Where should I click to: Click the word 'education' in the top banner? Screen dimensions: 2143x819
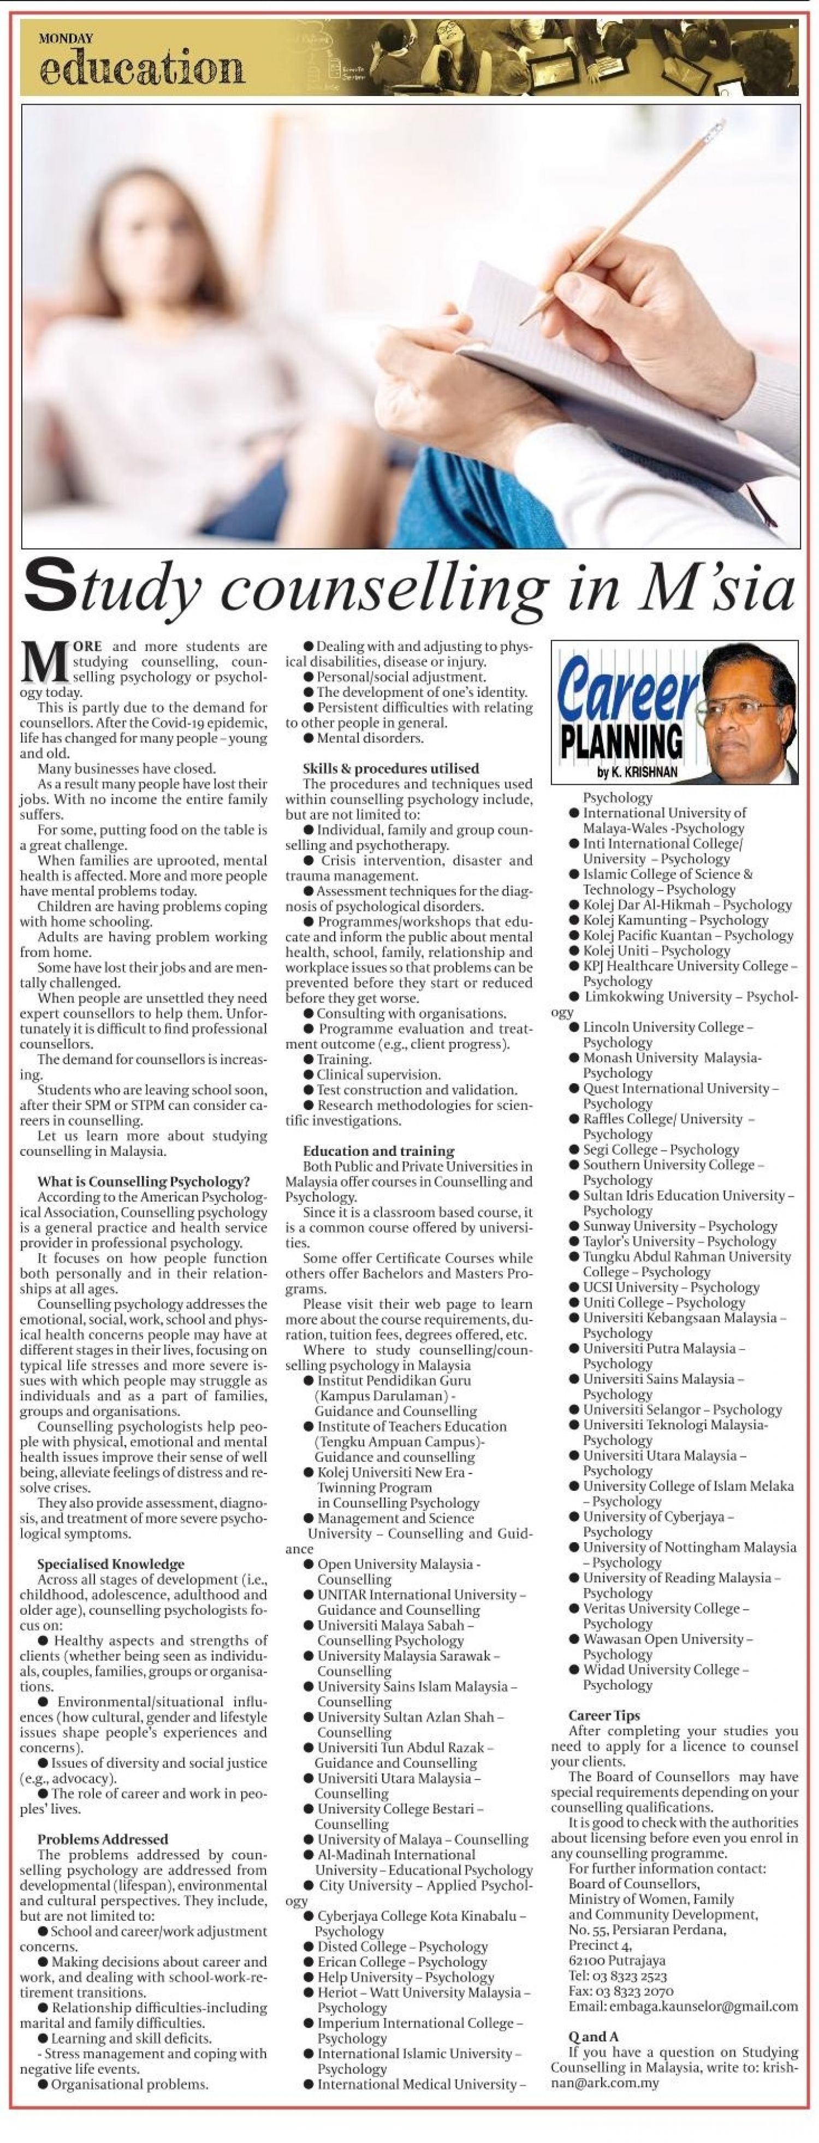(141, 67)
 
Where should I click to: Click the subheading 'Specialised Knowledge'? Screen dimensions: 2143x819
(111, 1564)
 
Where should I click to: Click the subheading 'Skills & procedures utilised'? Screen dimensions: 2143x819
(390, 769)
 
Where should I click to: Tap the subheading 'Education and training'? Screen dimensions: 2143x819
(379, 1151)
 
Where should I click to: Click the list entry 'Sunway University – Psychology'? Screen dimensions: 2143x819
(679, 1226)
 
